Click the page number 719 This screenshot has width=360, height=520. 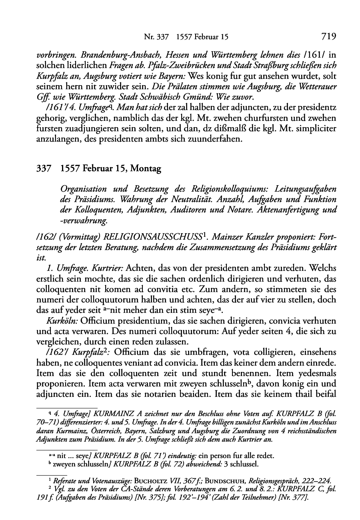click(328, 37)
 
